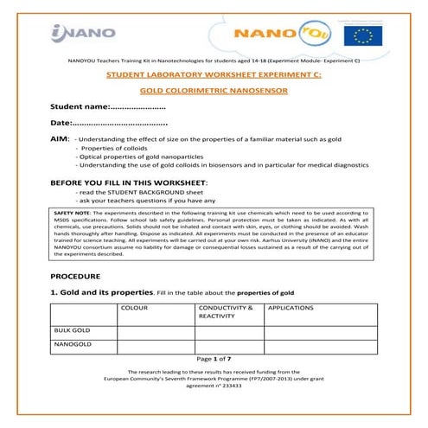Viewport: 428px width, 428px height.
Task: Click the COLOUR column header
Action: tap(134, 308)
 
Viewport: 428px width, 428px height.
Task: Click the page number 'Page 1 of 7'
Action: tap(214, 358)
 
